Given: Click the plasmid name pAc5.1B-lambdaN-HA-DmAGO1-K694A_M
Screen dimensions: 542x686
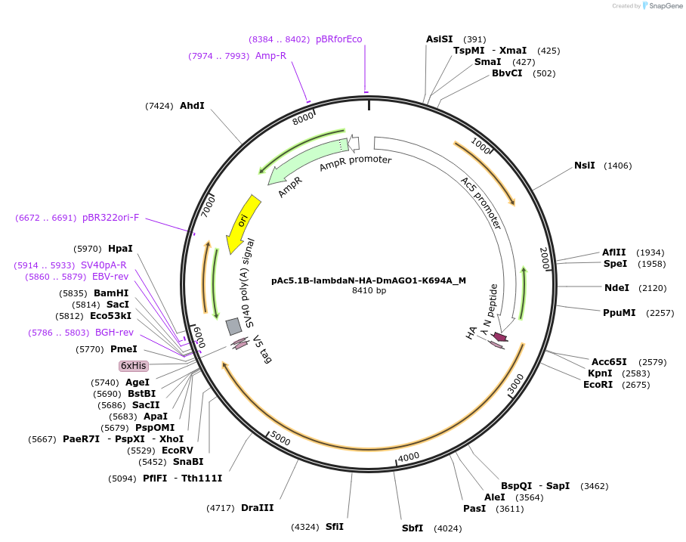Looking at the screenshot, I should pos(369,280).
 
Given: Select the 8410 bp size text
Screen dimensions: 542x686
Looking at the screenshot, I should pos(369,290).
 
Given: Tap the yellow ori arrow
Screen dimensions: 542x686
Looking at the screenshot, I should pos(243,221).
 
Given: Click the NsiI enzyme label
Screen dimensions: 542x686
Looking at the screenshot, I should pos(585,166).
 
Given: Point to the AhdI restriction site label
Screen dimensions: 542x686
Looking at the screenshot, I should pos(192,106).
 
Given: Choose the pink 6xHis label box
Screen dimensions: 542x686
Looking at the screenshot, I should pos(134,366).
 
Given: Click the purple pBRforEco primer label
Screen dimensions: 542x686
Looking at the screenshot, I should pos(338,39).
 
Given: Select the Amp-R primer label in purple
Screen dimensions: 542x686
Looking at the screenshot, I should pos(270,56).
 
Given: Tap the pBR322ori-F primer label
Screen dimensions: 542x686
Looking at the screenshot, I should pos(111,218).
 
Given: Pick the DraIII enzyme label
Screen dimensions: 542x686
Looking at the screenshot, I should pos(258,508).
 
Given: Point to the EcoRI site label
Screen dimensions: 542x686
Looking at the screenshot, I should pos(598,385).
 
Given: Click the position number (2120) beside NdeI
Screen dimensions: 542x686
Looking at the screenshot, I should pos(653,288).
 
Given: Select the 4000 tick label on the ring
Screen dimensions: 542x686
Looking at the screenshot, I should pos(409,457).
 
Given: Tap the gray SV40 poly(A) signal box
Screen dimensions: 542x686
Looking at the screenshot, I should pos(234,326).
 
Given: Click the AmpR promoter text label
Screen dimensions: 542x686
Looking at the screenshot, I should pos(355,160).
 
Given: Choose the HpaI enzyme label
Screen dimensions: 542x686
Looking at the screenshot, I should pos(120,248).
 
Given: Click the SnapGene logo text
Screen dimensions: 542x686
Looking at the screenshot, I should pos(666,6).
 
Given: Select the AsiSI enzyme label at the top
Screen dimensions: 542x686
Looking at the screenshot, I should pos(440,39).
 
